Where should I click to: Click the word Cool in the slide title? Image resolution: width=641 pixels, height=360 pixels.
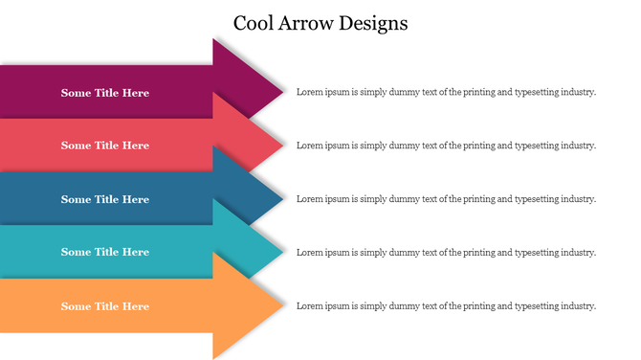click(x=255, y=23)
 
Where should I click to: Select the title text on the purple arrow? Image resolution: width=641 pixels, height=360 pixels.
click(x=105, y=93)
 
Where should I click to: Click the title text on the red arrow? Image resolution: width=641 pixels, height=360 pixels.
click(x=105, y=146)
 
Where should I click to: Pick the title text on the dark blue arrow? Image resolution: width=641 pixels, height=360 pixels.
click(x=105, y=199)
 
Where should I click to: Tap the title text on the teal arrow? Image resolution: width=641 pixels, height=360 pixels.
click(x=105, y=252)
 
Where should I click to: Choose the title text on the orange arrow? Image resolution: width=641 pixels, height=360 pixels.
click(x=105, y=306)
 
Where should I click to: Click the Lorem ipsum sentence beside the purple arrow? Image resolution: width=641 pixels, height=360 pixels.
click(x=446, y=93)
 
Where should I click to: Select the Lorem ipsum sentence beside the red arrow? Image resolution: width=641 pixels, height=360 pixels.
click(x=446, y=146)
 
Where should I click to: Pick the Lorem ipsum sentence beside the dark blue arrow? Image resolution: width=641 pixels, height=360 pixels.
click(x=446, y=199)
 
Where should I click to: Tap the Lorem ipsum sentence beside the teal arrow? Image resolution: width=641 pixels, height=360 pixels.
click(x=446, y=252)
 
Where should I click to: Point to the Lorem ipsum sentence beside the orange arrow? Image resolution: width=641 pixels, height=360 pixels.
click(x=446, y=306)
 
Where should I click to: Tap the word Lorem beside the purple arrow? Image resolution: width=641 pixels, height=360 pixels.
click(x=308, y=93)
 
